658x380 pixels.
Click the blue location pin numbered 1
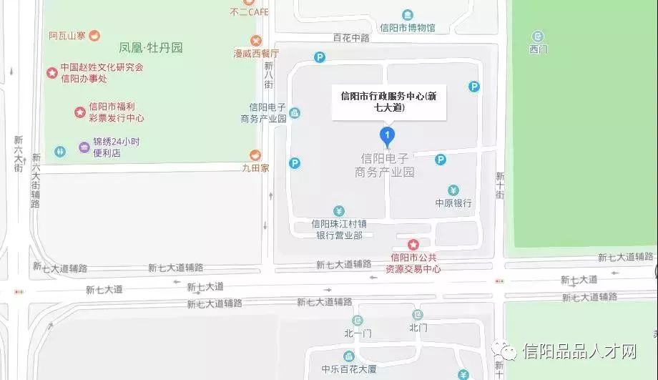pos(387,135)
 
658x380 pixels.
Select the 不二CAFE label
pos(248,11)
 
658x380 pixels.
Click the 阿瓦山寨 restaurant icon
pos(94,35)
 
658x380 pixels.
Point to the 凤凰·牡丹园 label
pos(151,48)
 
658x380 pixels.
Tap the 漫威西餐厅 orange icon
pos(255,40)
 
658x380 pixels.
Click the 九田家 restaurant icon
pos(255,155)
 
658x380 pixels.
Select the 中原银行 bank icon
pos(453,190)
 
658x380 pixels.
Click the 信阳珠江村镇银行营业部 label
pos(339,229)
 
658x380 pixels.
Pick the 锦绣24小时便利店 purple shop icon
pos(84,147)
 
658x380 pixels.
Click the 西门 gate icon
pos(538,36)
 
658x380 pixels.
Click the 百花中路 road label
pos(350,37)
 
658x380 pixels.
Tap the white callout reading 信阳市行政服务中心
pos(389,102)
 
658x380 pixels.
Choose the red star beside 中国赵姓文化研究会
pos(51,72)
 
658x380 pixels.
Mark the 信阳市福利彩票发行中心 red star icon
pos(80,112)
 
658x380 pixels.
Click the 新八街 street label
pos(268,74)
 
